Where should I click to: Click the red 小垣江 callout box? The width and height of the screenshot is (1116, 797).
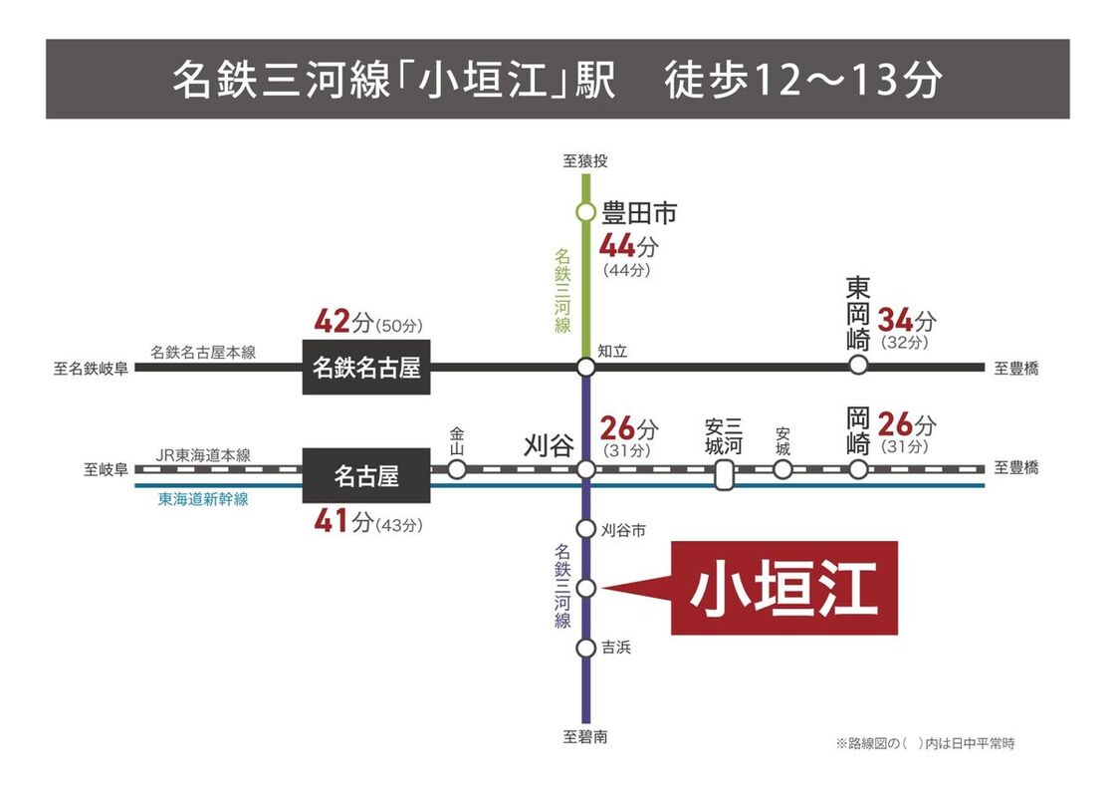pos(783,588)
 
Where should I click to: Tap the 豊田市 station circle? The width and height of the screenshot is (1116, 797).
pos(586,212)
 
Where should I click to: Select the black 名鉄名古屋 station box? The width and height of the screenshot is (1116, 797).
pos(367,368)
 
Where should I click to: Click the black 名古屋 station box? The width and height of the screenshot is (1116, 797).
pos(366,476)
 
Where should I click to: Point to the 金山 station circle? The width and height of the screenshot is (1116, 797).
pos(457,468)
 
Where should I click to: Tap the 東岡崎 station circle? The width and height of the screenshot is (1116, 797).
pos(858,367)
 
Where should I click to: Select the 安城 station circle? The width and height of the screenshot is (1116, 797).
pos(782,468)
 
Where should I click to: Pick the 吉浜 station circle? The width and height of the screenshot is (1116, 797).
pos(586,649)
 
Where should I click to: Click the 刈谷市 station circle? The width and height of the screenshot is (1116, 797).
pos(586,530)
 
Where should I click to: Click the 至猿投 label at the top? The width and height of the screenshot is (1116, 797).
pos(585,160)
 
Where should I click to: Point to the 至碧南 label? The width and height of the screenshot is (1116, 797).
pos(585,738)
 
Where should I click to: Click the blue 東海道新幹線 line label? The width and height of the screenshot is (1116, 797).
pos(203,499)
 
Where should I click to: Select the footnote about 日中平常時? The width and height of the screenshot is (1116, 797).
pos(925,743)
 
